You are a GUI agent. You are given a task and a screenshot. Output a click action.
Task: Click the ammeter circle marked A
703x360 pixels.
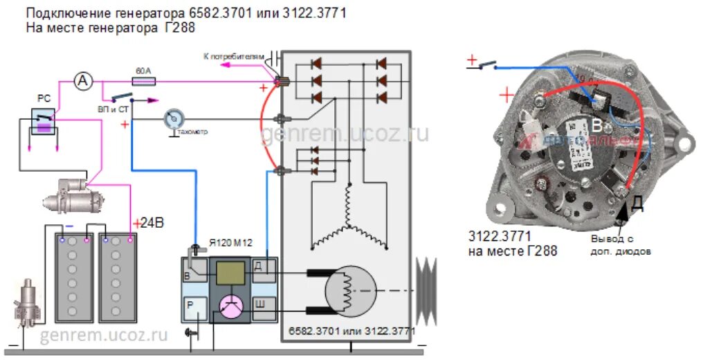click(84, 82)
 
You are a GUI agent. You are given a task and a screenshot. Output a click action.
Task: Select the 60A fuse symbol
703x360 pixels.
click(144, 81)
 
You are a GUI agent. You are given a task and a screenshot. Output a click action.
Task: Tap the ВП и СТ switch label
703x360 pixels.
click(113, 108)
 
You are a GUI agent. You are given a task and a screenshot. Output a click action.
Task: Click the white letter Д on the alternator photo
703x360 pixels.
click(636, 204)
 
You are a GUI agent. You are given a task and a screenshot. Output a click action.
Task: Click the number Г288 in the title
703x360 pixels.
click(179, 29)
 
